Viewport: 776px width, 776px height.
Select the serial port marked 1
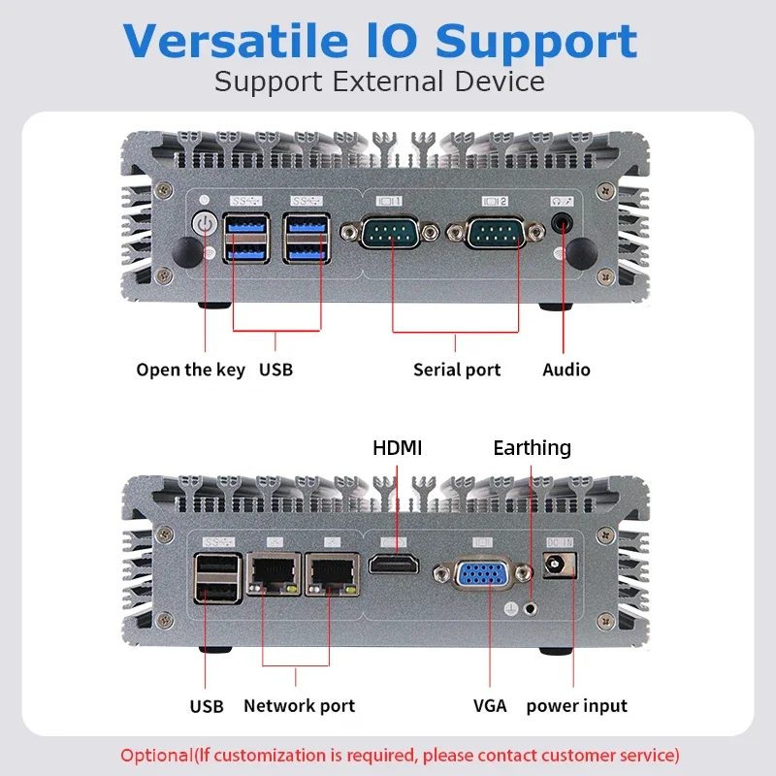(x=393, y=232)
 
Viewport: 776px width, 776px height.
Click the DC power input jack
(x=558, y=566)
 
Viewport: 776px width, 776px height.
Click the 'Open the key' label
(x=190, y=370)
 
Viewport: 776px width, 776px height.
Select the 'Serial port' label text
(x=457, y=370)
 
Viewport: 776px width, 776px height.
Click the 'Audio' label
(x=566, y=370)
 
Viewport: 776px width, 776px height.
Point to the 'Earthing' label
(x=532, y=448)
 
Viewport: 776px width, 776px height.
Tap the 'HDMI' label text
(x=398, y=448)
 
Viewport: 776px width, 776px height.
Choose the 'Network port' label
(x=299, y=706)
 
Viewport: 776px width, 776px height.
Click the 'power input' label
(x=576, y=706)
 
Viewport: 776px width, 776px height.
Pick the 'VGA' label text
(x=490, y=706)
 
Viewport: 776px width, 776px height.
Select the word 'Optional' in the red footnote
(x=155, y=755)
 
